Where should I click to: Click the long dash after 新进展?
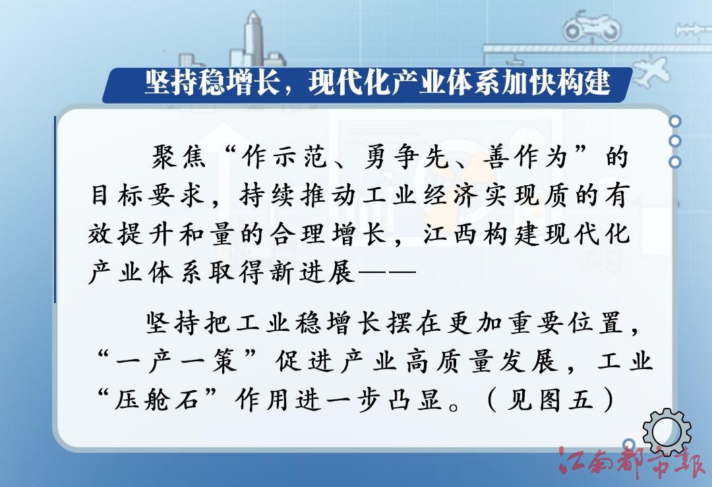point(388,273)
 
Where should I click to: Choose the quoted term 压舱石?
point(157,400)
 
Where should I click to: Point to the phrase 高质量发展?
point(481,362)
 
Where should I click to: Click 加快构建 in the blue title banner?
point(556,83)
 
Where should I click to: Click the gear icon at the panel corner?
point(667,432)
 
